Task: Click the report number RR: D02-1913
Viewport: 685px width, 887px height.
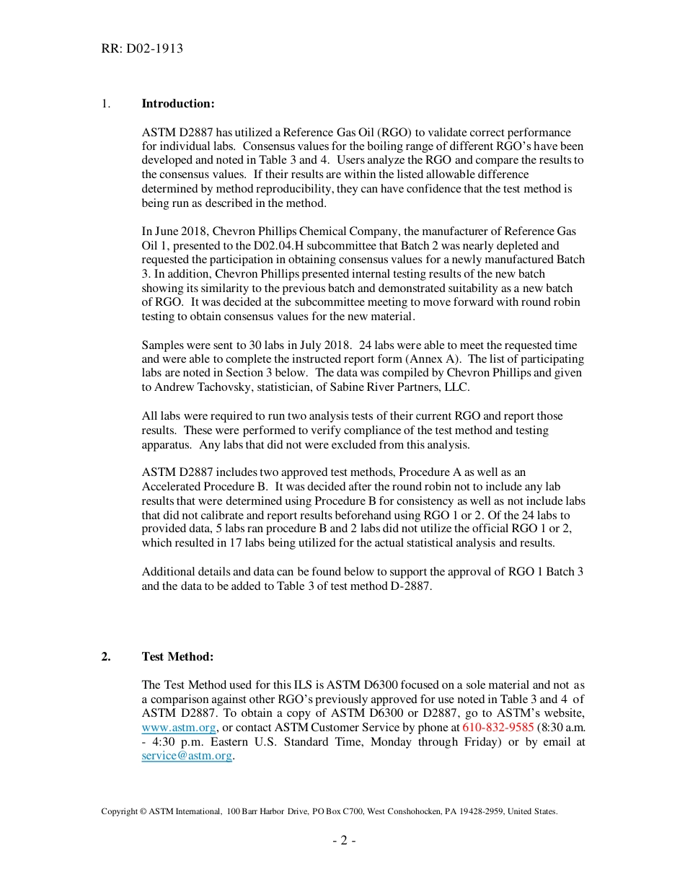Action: click(142, 49)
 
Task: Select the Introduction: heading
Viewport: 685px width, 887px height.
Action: click(178, 104)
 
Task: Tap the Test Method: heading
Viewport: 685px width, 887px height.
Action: click(177, 656)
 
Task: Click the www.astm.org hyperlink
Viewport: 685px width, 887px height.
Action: click(179, 728)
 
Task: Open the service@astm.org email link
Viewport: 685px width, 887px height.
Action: click(187, 756)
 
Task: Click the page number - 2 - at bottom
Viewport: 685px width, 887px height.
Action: click(343, 841)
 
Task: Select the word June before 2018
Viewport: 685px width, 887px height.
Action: click(168, 232)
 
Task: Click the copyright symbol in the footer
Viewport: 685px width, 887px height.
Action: click(143, 811)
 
